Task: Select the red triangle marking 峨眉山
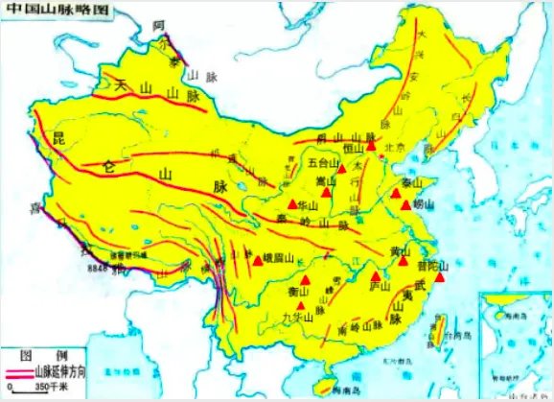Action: pos(257,258)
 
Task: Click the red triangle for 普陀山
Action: pos(438,276)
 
